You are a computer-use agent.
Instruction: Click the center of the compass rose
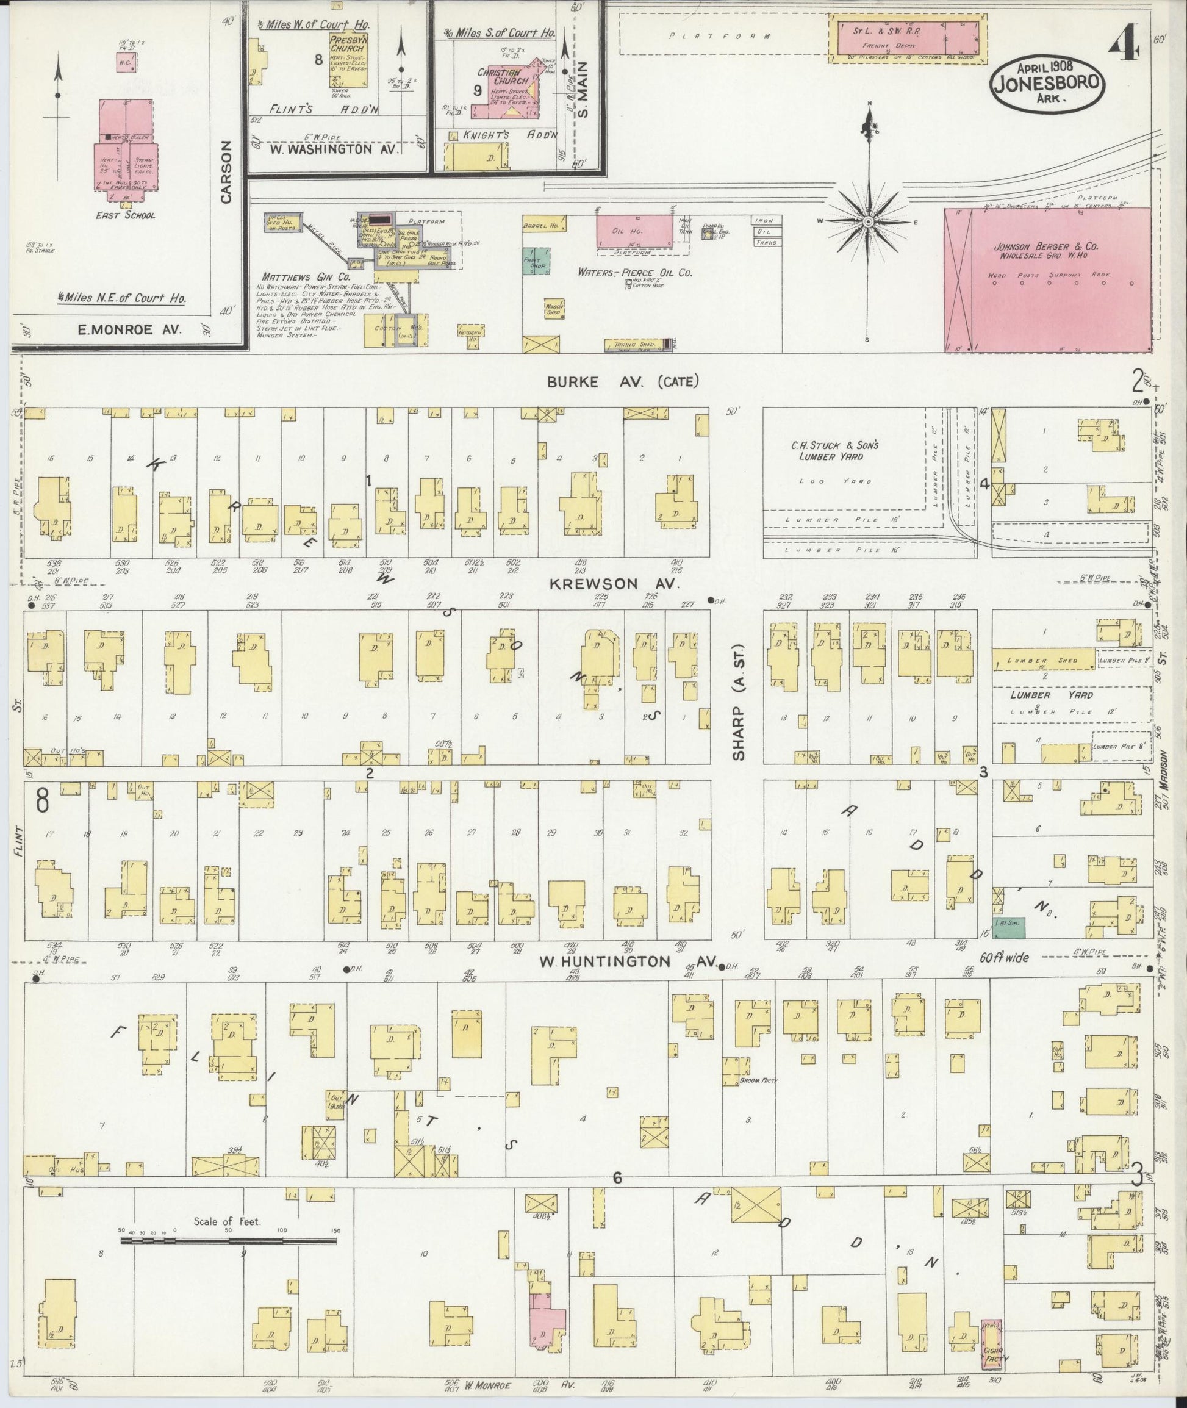click(869, 221)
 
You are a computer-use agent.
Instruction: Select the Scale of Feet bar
click(228, 1239)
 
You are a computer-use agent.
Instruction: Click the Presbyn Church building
click(346, 59)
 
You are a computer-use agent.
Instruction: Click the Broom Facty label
click(758, 1081)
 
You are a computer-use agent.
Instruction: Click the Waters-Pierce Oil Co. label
click(634, 273)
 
